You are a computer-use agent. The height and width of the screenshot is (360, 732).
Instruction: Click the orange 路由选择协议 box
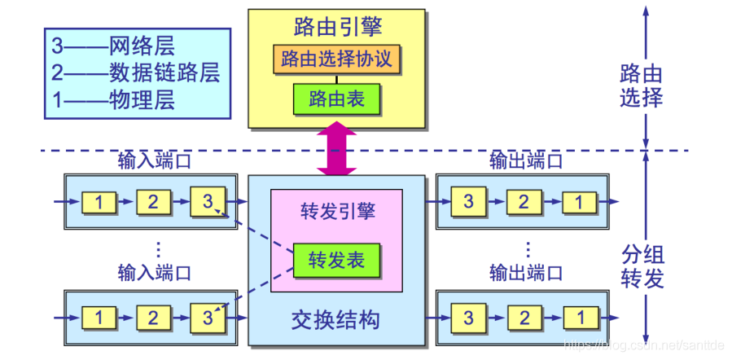(x=336, y=59)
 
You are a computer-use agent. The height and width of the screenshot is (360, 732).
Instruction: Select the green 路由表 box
(x=336, y=99)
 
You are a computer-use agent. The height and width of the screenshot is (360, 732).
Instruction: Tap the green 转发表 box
(x=336, y=261)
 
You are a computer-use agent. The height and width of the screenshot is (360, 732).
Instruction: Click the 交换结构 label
(x=335, y=318)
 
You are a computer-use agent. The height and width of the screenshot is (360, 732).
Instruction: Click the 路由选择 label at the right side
(x=640, y=86)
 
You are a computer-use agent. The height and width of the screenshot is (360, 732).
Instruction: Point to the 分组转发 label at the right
(x=640, y=265)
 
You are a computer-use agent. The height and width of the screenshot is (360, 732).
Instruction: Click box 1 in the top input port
(x=99, y=202)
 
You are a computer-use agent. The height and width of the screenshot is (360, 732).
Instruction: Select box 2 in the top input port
(x=153, y=202)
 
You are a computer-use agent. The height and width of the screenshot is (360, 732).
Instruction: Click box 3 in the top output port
(x=469, y=202)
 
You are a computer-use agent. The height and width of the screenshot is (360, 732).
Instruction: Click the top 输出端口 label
(x=525, y=160)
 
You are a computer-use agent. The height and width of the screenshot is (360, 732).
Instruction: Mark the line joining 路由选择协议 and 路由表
(x=336, y=79)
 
